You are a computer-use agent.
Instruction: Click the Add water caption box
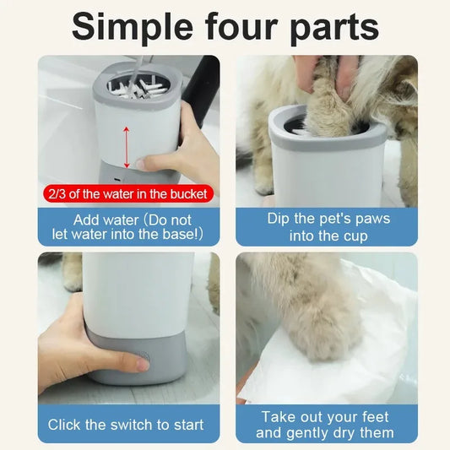(126, 225)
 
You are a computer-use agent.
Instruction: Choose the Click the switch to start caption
(126, 424)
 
